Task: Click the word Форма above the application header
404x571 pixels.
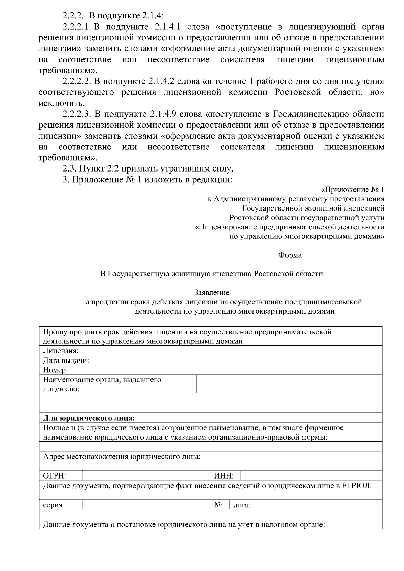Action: tap(290, 255)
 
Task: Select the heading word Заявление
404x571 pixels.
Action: tap(211, 293)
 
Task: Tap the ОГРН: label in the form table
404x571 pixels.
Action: tap(55, 476)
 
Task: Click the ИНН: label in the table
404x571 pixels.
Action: tap(224, 476)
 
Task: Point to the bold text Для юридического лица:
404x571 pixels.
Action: tap(89, 418)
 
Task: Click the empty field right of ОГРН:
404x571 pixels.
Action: tap(146, 476)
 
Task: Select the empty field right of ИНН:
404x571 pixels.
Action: tap(311, 476)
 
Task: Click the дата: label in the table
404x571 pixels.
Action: tap(242, 505)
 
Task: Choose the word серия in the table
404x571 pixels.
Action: tap(53, 505)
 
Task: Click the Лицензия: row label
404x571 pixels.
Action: tap(61, 351)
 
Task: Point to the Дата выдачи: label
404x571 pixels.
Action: tap(66, 361)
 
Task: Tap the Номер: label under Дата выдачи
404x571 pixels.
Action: tap(56, 370)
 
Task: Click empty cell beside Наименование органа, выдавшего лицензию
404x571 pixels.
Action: tap(289, 384)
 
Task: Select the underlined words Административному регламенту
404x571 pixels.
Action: tap(271, 199)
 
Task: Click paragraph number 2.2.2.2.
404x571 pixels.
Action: tap(77, 82)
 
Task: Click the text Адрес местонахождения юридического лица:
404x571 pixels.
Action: tap(122, 457)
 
